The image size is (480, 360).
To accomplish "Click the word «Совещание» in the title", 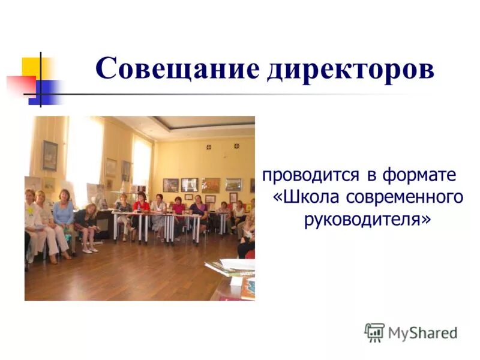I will coord(178,69).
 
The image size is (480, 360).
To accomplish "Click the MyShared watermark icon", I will coord(374,332).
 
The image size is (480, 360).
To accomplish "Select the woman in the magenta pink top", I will coord(179,210).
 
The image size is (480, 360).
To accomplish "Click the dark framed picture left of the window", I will coord(50,155).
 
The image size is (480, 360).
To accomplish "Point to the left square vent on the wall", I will coord(209,146).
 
